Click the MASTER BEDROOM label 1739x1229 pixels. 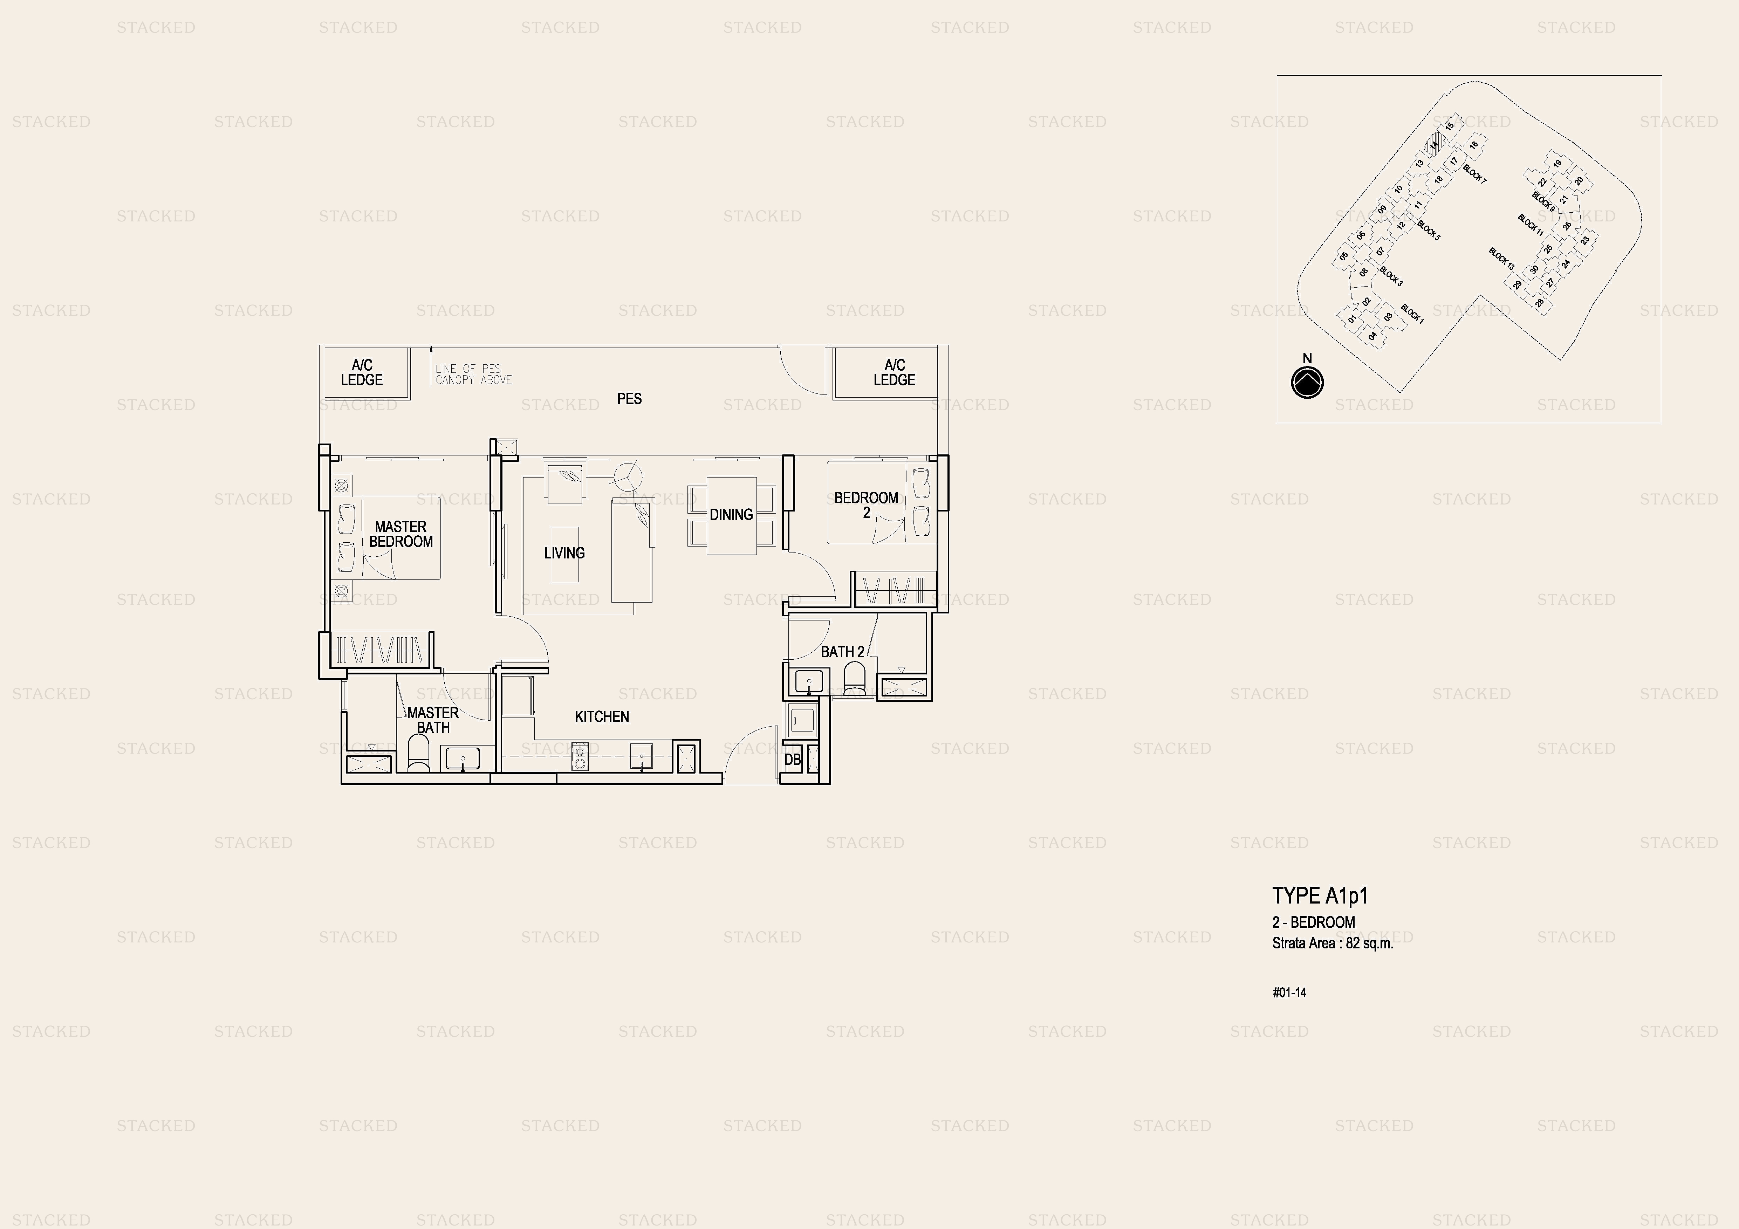point(400,534)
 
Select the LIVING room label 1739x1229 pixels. point(564,553)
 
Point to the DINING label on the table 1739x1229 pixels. point(731,514)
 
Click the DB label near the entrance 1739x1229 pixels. point(792,759)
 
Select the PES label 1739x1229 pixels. point(629,398)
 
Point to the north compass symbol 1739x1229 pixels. point(1307,383)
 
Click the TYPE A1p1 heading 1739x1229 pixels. point(1320,896)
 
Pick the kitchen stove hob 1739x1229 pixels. point(580,756)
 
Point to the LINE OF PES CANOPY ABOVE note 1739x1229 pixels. point(473,374)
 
